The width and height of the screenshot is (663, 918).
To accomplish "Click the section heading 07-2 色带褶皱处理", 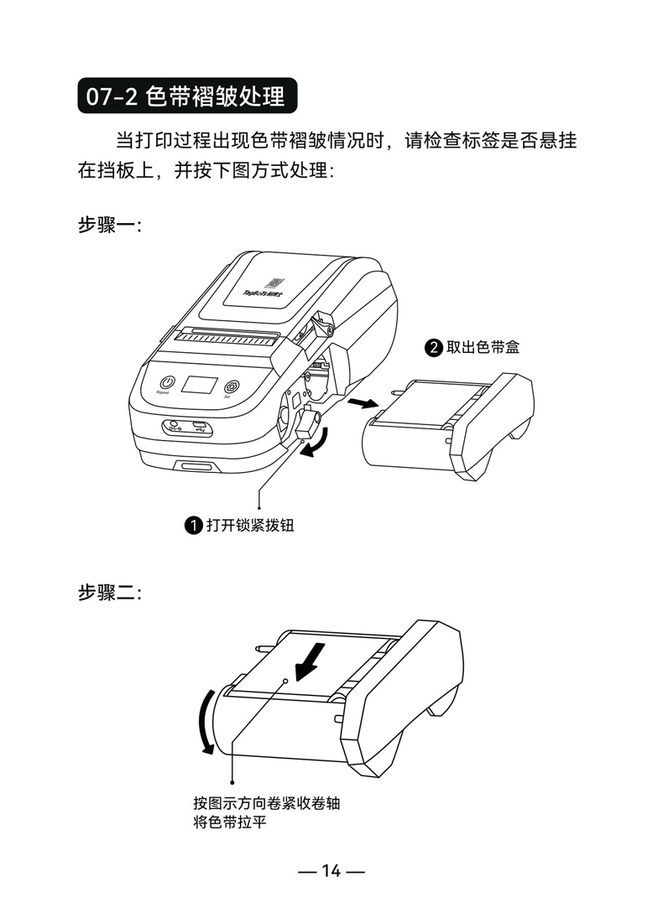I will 186,96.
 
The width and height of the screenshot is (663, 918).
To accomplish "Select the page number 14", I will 331,871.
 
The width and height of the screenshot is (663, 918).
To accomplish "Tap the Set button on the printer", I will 231,386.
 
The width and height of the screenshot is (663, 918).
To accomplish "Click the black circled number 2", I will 434,347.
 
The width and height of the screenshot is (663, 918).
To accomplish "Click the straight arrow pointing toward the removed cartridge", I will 362,405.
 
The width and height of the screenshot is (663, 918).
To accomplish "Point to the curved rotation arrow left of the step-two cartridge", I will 202,723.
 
